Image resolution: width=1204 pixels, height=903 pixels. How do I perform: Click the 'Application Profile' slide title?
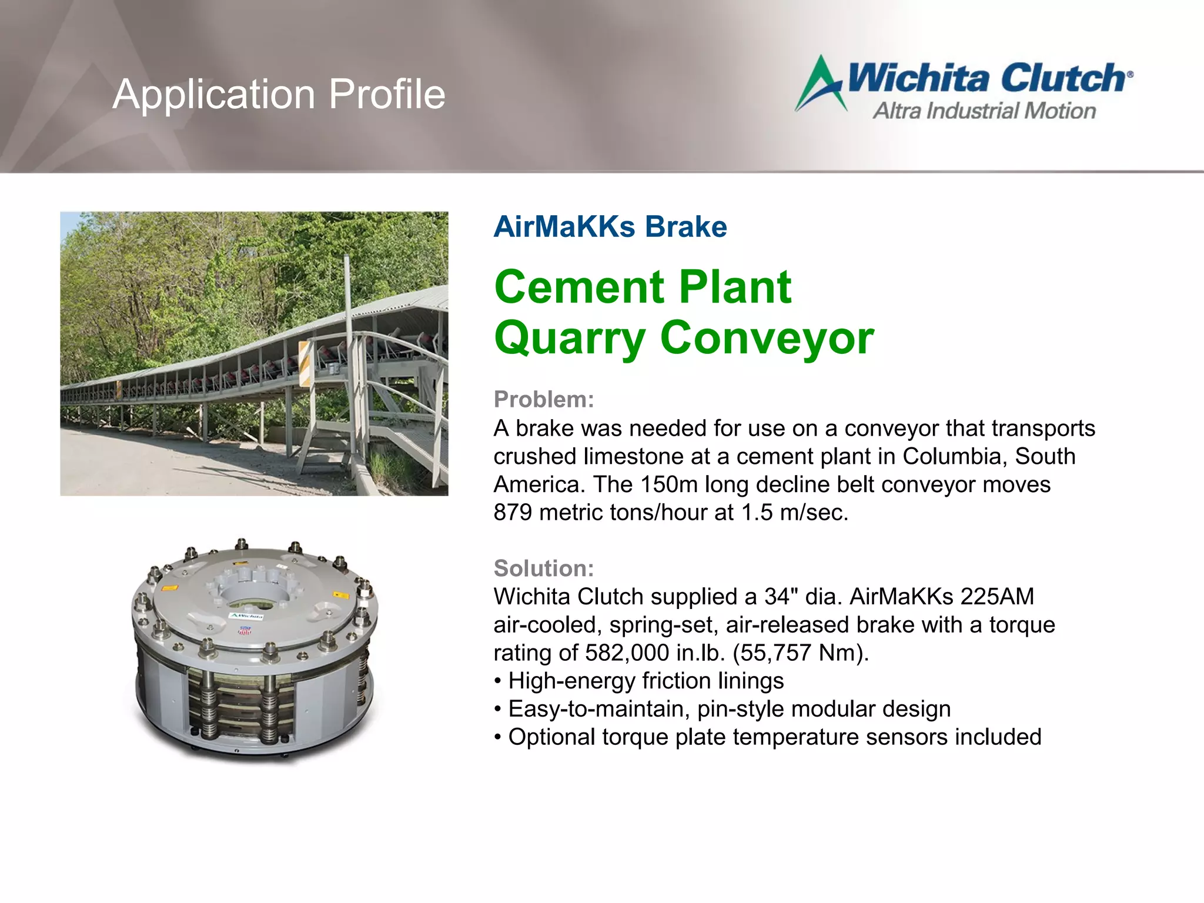279,94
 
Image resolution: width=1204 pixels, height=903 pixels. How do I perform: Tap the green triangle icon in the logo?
821,85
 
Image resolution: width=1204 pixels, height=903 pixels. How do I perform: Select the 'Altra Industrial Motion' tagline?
984,111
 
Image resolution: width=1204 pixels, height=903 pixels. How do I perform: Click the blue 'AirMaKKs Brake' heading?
610,227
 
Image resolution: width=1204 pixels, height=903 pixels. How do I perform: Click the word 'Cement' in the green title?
578,287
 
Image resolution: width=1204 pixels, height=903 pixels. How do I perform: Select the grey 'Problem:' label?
544,400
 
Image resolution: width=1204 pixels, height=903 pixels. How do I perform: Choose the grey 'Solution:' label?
544,568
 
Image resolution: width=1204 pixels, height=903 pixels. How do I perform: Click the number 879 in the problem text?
513,513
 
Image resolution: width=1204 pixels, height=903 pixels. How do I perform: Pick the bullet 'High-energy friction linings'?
646,681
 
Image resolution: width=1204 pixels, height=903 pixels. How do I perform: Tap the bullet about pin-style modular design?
729,709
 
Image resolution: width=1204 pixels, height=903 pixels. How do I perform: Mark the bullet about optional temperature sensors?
774,737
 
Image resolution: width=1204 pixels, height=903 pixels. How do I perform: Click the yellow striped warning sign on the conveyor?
305,363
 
